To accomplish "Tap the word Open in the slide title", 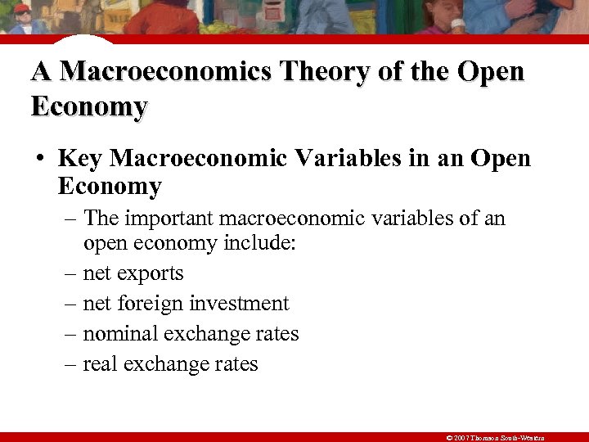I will click(x=490, y=72).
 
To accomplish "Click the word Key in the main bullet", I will click(x=79, y=157).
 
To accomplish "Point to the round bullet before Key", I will click(x=39, y=158).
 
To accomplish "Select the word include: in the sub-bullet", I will click(x=257, y=243).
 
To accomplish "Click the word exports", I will click(x=152, y=273).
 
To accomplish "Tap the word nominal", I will click(x=120, y=334).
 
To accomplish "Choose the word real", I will click(x=101, y=364).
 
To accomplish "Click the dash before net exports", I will click(x=70, y=273).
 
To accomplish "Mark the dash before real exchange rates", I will click(x=70, y=364).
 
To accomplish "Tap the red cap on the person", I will click(x=22, y=8).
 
